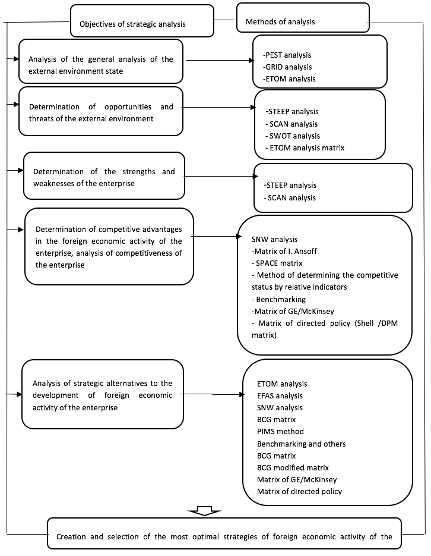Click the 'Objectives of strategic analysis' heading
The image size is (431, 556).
(x=132, y=24)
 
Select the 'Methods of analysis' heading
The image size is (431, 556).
(x=280, y=21)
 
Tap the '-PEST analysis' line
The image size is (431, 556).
(x=287, y=55)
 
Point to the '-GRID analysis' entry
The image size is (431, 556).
(x=287, y=67)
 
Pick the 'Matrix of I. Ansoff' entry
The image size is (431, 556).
(x=284, y=252)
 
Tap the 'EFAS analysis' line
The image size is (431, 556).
(x=280, y=395)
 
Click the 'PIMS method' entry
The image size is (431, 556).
(x=280, y=432)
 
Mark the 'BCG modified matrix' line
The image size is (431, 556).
(x=293, y=468)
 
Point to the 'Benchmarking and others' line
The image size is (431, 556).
(x=302, y=444)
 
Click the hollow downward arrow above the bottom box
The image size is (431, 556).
(x=205, y=511)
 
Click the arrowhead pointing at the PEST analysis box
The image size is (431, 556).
(x=252, y=61)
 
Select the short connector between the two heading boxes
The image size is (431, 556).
(x=224, y=20)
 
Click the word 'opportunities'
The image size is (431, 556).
(x=128, y=106)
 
